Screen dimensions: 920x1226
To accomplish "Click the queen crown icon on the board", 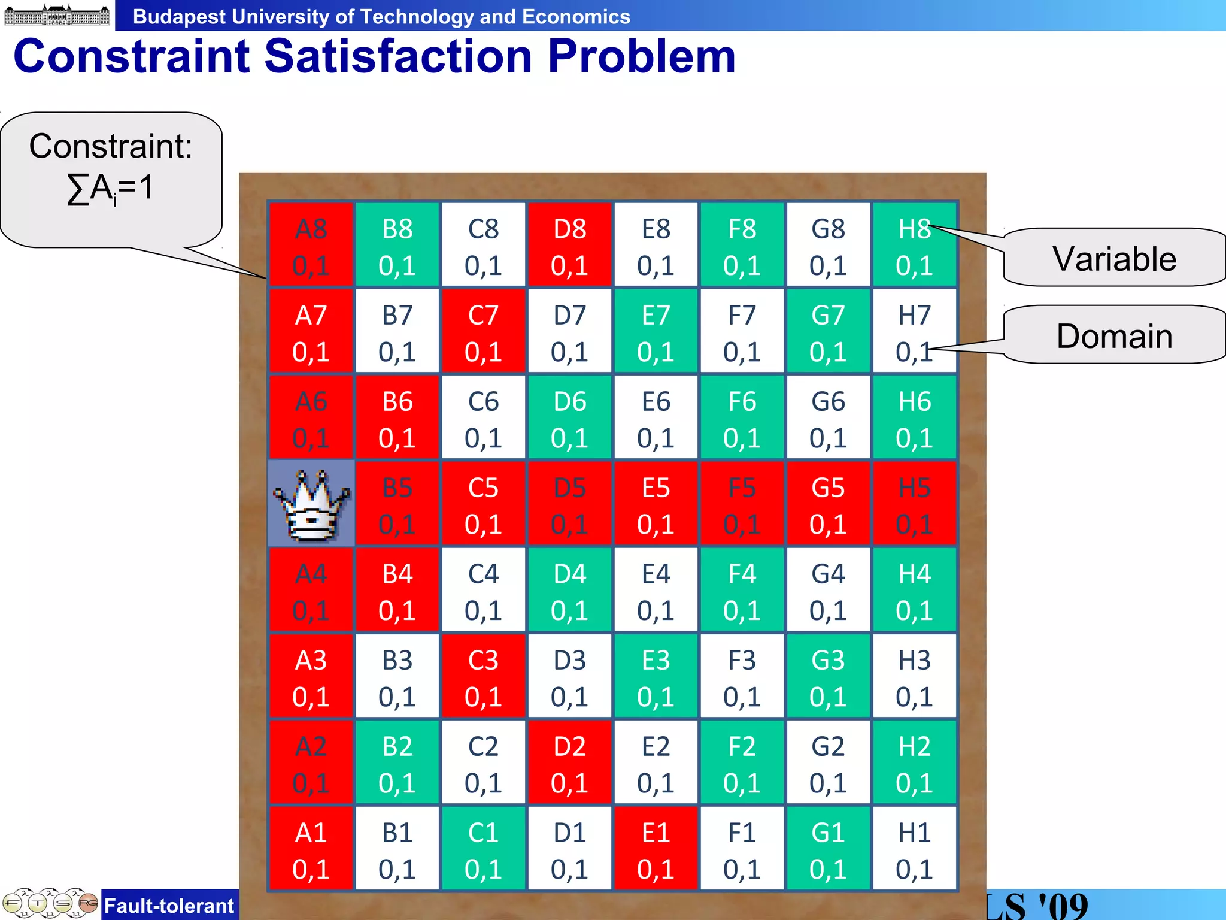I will click(311, 504).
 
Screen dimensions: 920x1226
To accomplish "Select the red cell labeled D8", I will click(569, 246).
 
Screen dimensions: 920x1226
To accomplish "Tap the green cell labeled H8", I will click(914, 246).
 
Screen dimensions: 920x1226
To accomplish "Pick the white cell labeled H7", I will click(914, 332).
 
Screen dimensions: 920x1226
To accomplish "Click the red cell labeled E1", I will click(656, 849).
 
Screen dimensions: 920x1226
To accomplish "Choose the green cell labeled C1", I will click(483, 849).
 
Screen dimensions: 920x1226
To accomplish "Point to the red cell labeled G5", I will click(828, 504).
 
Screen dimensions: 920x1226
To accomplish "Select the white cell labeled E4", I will click(656, 591).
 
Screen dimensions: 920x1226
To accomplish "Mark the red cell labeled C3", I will click(483, 677).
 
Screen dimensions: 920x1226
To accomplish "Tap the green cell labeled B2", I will click(397, 763).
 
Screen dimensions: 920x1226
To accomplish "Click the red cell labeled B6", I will click(397, 418).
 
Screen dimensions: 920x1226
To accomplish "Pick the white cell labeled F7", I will click(742, 332).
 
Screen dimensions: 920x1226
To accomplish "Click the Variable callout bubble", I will click(1113, 258).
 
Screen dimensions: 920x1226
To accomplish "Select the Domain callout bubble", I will click(1113, 335).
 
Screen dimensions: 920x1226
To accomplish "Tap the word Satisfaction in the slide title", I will click(398, 56).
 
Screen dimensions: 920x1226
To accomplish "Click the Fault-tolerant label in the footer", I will click(169, 906).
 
